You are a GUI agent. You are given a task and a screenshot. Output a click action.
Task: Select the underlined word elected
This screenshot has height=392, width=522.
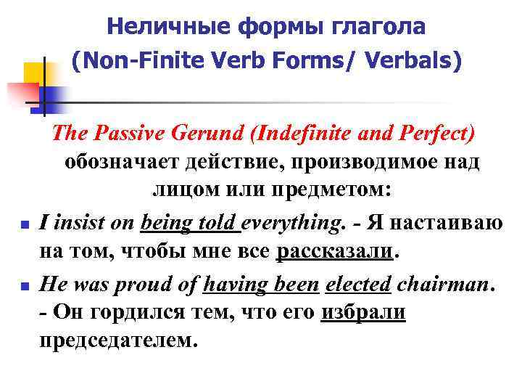[357, 284]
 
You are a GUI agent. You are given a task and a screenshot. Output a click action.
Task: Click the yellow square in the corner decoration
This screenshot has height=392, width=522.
[35, 73]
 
